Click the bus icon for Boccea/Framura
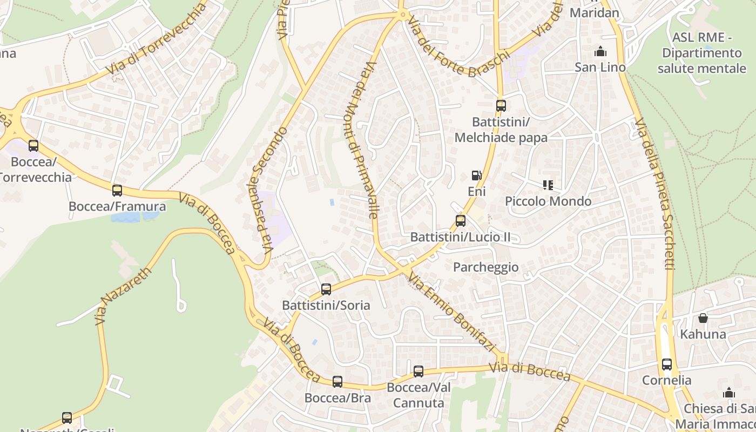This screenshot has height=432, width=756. [x=117, y=190]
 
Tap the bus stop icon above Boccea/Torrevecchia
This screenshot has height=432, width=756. [x=33, y=145]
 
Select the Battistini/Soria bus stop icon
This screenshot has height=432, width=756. [x=326, y=289]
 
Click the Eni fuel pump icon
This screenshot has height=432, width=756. [x=476, y=175]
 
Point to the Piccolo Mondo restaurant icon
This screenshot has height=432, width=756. [x=548, y=185]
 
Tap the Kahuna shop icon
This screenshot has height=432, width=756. [x=703, y=318]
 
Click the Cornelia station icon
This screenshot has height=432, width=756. [x=667, y=364]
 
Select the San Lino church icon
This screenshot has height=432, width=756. [x=600, y=52]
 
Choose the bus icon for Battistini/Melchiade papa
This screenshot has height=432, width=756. [x=501, y=105]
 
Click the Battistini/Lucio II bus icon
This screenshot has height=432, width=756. [x=461, y=220]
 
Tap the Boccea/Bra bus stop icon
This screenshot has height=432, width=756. [x=337, y=382]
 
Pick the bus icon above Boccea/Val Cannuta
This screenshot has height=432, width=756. [x=418, y=372]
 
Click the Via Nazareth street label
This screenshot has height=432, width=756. [x=123, y=296]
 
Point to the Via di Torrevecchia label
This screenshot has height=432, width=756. [x=157, y=39]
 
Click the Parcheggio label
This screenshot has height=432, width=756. [x=485, y=267]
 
